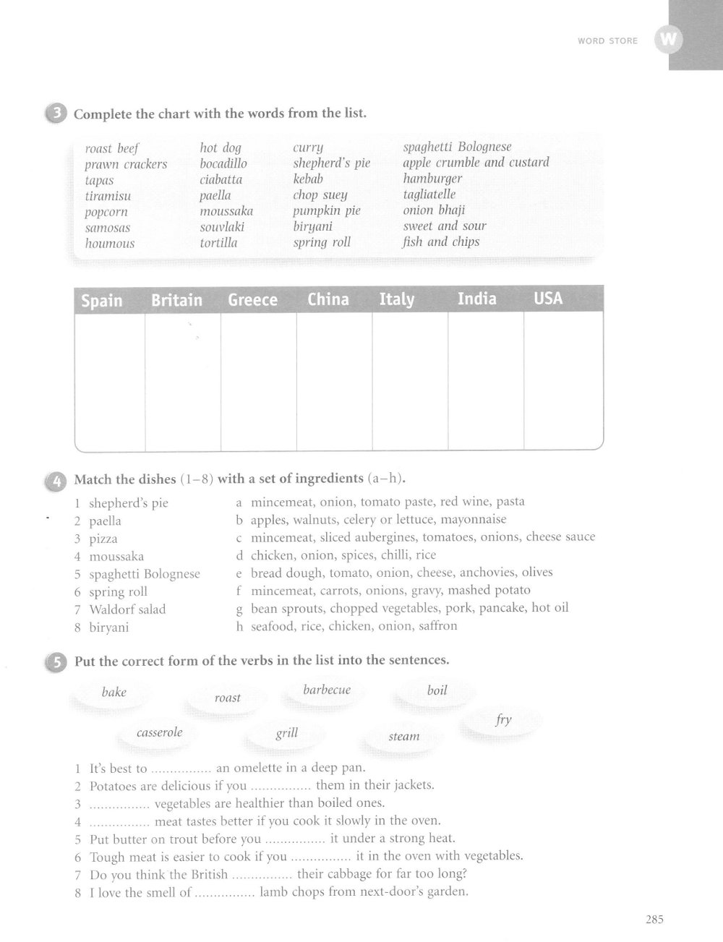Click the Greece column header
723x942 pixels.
(x=252, y=300)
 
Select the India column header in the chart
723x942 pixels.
(x=477, y=299)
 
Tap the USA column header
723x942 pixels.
(x=548, y=298)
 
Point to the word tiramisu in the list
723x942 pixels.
(x=108, y=196)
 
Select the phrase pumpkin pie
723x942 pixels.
(x=327, y=211)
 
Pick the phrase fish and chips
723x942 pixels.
(x=441, y=241)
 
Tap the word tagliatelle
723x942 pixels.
(x=429, y=194)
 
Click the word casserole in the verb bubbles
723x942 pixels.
(x=160, y=732)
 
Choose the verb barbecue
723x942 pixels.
(x=327, y=690)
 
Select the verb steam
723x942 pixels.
(x=404, y=737)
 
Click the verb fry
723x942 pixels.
(x=504, y=719)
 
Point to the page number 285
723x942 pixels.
(x=654, y=920)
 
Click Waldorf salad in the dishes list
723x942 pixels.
(x=127, y=609)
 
